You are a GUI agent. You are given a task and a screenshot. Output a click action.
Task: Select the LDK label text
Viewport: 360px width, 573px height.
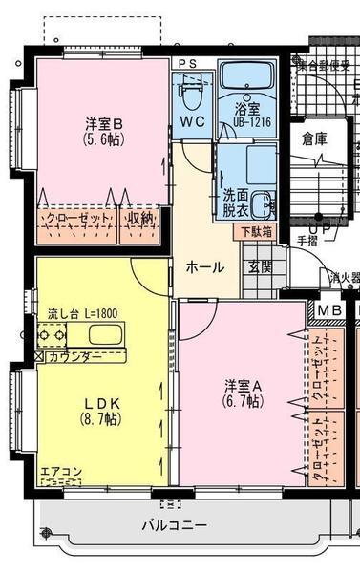(x=92, y=402)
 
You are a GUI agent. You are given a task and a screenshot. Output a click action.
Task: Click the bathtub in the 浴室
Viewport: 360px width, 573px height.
(x=246, y=76)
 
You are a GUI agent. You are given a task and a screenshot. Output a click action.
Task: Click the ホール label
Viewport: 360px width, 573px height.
(x=205, y=267)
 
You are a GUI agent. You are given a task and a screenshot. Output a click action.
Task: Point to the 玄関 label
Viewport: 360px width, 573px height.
(x=260, y=267)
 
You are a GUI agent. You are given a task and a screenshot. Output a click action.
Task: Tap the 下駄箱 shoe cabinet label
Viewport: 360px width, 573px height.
(x=254, y=230)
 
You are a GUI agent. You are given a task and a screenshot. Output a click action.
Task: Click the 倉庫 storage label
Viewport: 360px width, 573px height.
(x=314, y=138)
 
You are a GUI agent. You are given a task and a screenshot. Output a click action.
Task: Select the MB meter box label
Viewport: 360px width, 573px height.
(x=329, y=309)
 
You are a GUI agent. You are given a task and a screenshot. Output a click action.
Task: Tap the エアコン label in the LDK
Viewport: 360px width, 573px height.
(x=61, y=471)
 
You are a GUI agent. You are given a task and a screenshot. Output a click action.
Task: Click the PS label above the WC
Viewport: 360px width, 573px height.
(x=188, y=63)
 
